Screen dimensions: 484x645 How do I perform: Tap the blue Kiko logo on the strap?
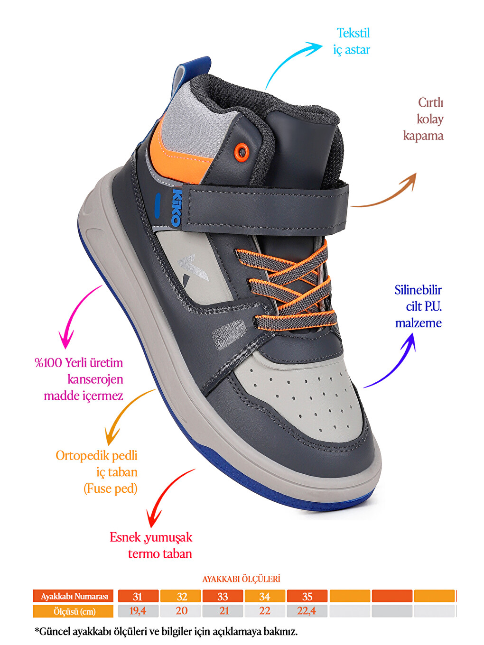176,207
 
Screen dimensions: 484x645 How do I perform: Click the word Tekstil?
353,33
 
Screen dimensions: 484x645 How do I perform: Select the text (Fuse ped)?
111,488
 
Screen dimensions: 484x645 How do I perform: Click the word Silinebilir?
418,290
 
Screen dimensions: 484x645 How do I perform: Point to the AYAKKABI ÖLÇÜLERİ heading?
241,579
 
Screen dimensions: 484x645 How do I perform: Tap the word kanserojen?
95,379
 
